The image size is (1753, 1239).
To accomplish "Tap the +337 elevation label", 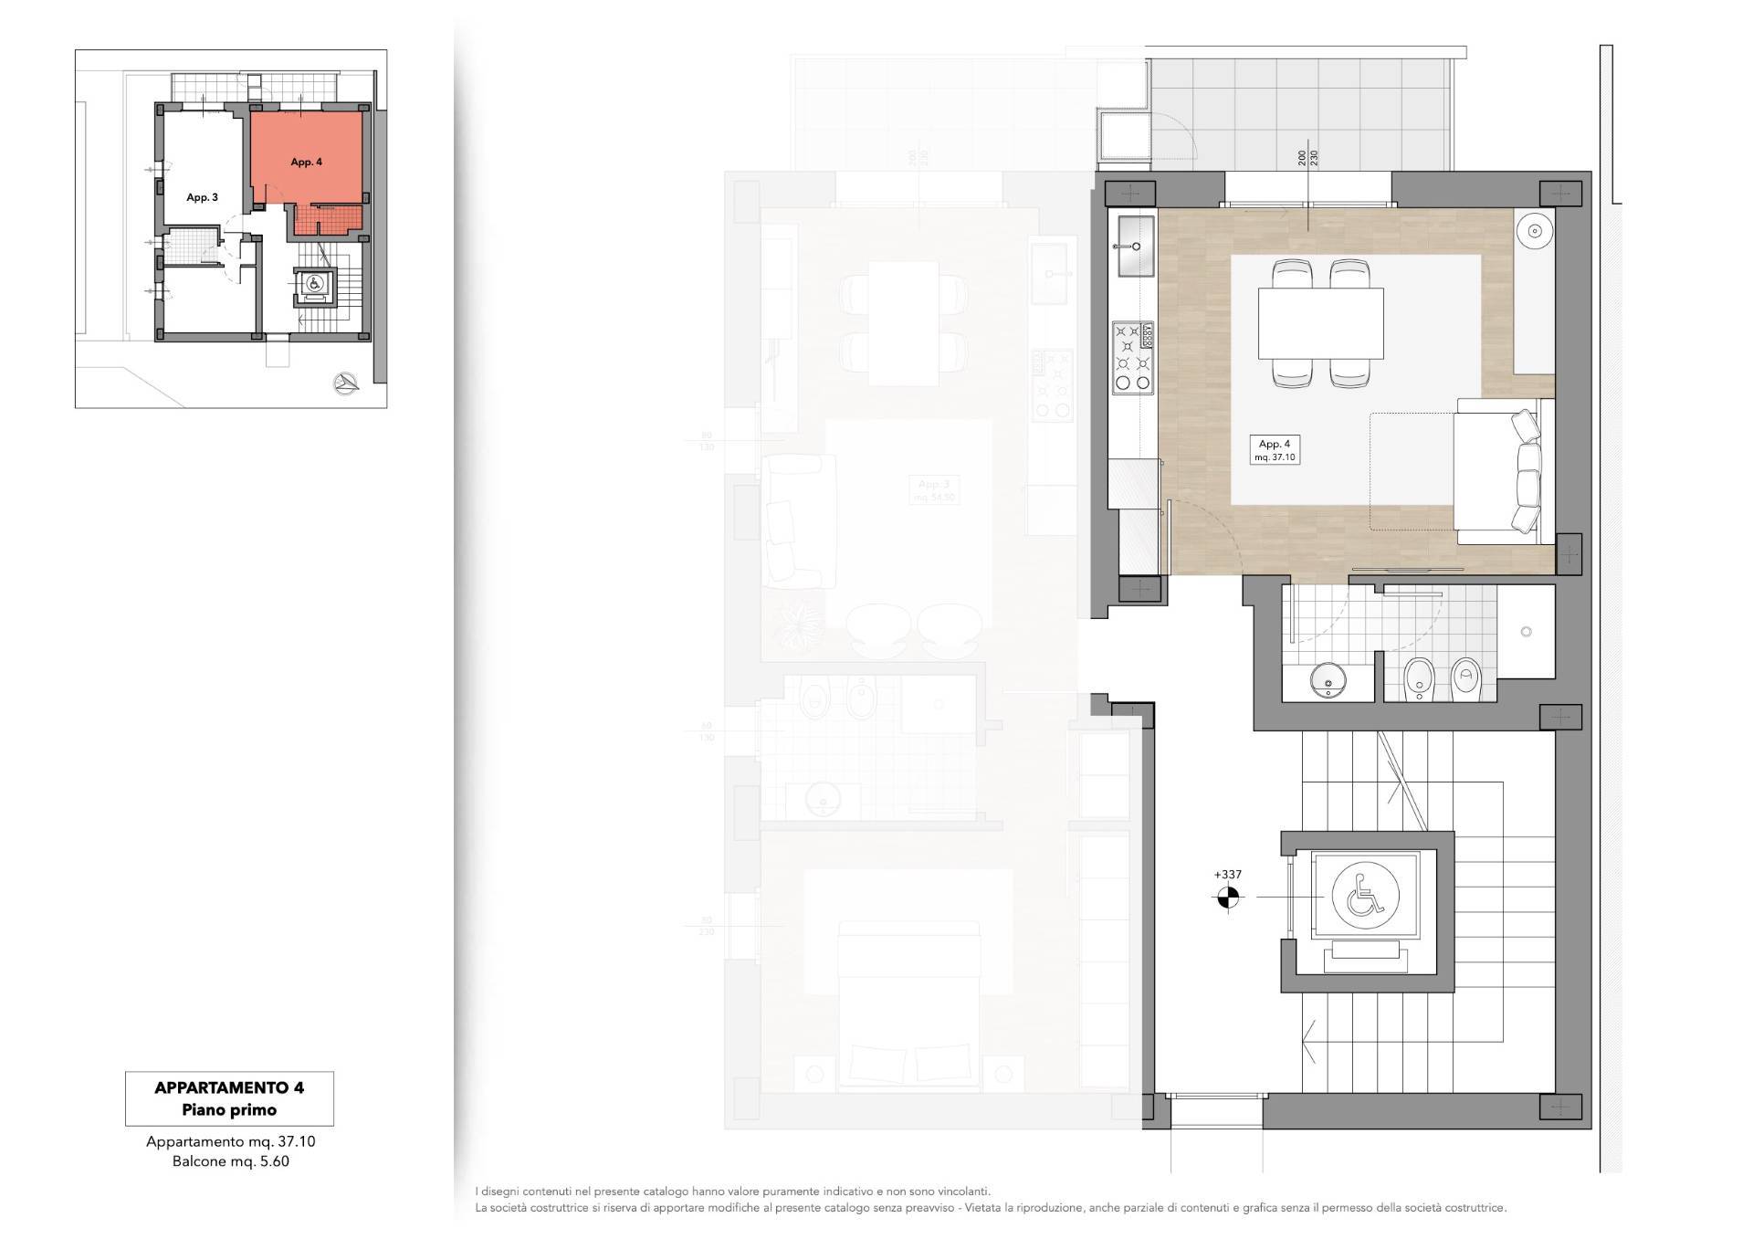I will point(1227,875).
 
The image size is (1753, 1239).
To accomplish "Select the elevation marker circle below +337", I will point(1227,898).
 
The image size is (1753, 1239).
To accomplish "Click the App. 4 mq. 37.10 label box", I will point(1275,450).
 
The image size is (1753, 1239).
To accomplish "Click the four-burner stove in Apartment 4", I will point(1133,358).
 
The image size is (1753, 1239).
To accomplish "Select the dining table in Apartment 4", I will point(1320,323).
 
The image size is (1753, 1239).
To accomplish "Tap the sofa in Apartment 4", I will point(1502,471).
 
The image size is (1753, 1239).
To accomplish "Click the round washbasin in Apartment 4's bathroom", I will point(1327,679).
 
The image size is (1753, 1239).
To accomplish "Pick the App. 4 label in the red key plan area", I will point(306,163).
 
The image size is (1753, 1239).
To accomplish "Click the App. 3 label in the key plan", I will point(202,197).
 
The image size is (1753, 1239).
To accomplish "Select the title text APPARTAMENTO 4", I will point(229,1087).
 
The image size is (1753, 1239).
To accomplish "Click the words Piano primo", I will point(229,1110).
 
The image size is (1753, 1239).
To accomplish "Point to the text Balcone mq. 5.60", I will point(230,1161).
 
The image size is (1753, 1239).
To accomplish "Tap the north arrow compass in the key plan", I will point(346,383).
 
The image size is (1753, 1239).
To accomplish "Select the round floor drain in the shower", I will point(1526,632).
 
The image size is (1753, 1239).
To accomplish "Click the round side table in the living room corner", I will point(1535,232).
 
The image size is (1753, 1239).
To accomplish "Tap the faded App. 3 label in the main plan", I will point(933,485).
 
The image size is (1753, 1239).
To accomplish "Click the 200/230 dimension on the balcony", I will point(1307,158).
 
